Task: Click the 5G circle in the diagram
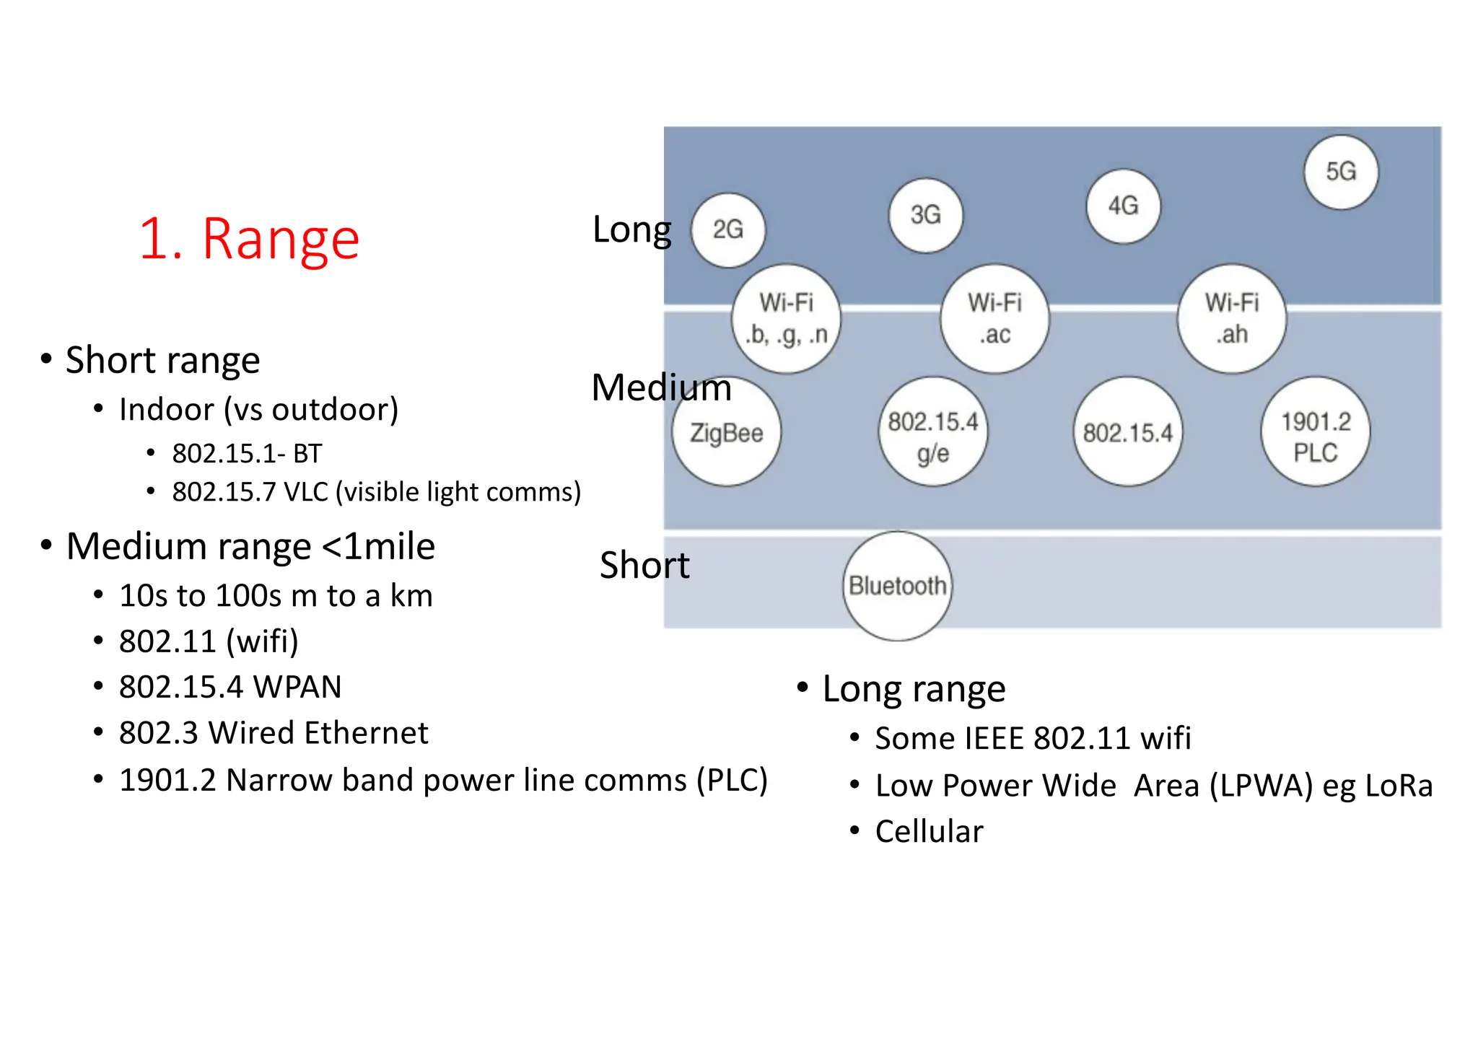point(1341,172)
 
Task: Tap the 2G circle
point(728,230)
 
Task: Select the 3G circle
point(926,215)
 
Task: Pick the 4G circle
point(1124,206)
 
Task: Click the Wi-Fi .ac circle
point(995,318)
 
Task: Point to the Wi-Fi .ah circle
point(1232,318)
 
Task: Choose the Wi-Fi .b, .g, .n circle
point(787,318)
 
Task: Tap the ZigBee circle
point(727,432)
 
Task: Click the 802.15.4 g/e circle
point(933,432)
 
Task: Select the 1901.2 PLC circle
point(1316,432)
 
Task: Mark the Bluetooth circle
point(898,586)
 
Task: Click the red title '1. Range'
point(249,239)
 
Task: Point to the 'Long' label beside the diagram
point(631,230)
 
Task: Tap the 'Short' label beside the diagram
point(644,565)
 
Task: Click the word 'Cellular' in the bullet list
point(929,832)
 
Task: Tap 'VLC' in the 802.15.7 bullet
point(306,492)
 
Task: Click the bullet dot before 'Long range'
point(803,688)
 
